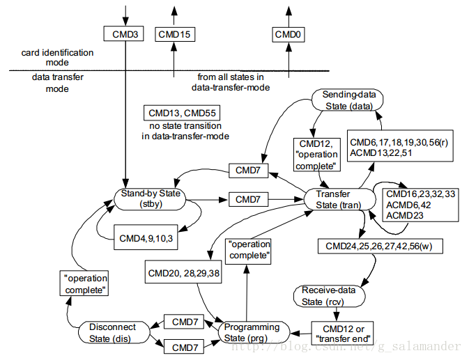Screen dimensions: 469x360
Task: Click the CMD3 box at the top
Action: (x=123, y=33)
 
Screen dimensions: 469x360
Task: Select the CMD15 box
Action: (x=175, y=34)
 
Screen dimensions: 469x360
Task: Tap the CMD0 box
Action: (x=289, y=34)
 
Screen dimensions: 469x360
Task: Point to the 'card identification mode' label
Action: (x=57, y=57)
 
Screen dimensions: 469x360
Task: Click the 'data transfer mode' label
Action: (x=57, y=83)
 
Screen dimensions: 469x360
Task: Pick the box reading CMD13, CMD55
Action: (x=182, y=113)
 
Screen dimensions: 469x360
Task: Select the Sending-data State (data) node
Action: (x=348, y=100)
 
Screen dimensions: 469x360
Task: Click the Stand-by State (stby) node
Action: (x=150, y=199)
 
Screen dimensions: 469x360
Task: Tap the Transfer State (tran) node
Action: (x=340, y=199)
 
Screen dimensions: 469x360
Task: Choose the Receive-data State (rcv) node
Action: (x=330, y=296)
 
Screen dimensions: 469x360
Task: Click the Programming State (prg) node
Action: (x=254, y=332)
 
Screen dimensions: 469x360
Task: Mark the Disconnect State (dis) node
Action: (x=114, y=332)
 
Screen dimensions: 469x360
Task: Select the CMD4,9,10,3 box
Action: (x=146, y=237)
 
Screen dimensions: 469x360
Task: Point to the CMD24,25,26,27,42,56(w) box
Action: (x=380, y=246)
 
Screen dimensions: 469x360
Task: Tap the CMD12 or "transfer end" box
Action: (x=343, y=333)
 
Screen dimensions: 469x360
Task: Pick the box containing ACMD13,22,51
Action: (x=400, y=146)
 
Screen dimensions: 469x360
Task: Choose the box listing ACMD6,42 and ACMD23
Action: (x=420, y=205)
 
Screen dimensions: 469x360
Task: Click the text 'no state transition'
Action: (x=185, y=126)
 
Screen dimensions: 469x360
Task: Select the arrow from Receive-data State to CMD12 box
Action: (x=337, y=314)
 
